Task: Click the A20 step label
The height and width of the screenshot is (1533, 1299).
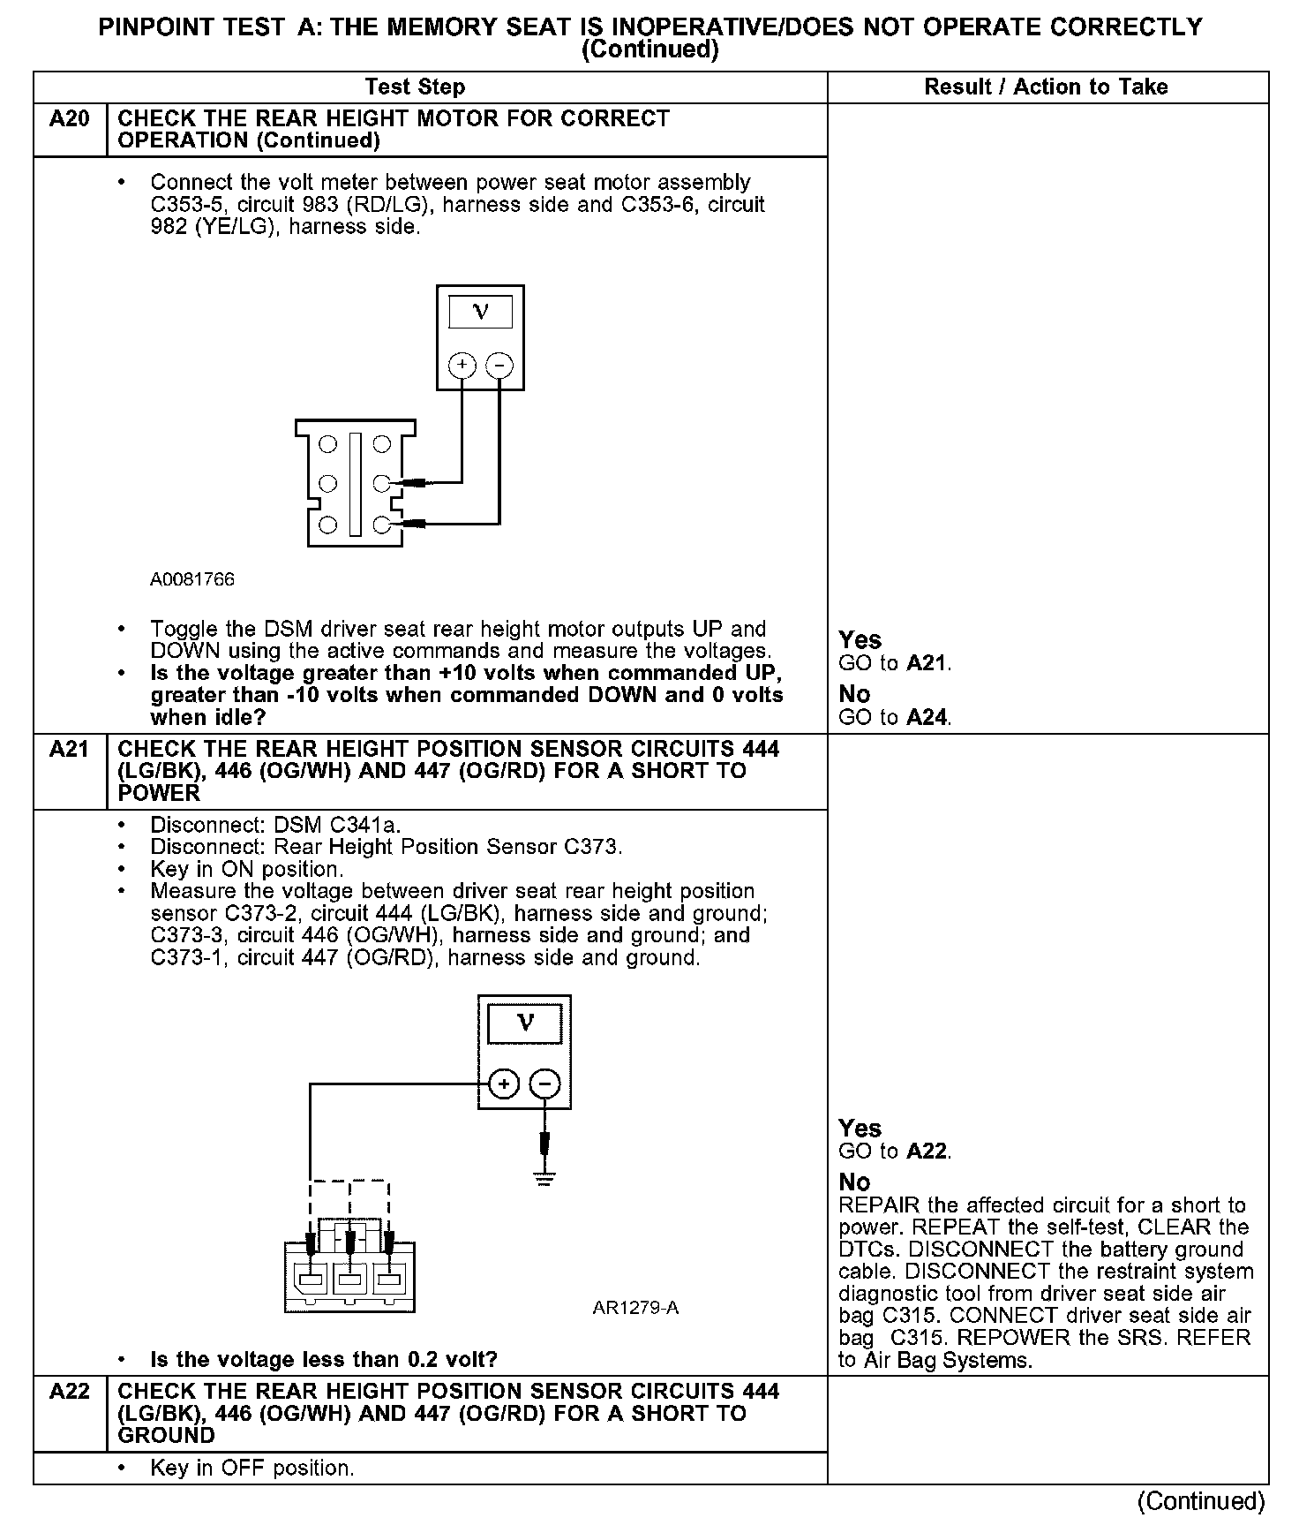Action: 70,119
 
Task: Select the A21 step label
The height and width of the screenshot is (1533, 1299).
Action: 70,750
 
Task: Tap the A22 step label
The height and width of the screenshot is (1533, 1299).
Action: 70,1392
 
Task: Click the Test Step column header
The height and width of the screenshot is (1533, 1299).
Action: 415,87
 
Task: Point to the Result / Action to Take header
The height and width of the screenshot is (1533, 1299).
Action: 1046,87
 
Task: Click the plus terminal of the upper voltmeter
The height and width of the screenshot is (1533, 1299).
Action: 462,365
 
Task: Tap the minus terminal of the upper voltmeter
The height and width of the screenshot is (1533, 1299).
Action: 499,365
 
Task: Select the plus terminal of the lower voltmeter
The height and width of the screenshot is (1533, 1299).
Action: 504,1084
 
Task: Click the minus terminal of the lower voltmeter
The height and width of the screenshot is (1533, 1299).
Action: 545,1084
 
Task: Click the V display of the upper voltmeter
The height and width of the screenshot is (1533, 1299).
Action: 480,312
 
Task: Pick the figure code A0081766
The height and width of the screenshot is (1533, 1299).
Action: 192,579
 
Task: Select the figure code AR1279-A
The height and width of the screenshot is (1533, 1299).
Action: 635,1308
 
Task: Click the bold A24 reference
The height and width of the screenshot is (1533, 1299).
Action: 927,717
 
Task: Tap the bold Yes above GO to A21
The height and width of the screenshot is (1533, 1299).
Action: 860,639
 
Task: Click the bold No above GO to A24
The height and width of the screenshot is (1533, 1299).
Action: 854,694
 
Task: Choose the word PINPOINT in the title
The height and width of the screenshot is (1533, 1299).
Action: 155,27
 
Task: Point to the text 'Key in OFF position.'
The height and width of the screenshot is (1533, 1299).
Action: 252,1468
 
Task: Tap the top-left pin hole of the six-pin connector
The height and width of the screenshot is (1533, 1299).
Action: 327,444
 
